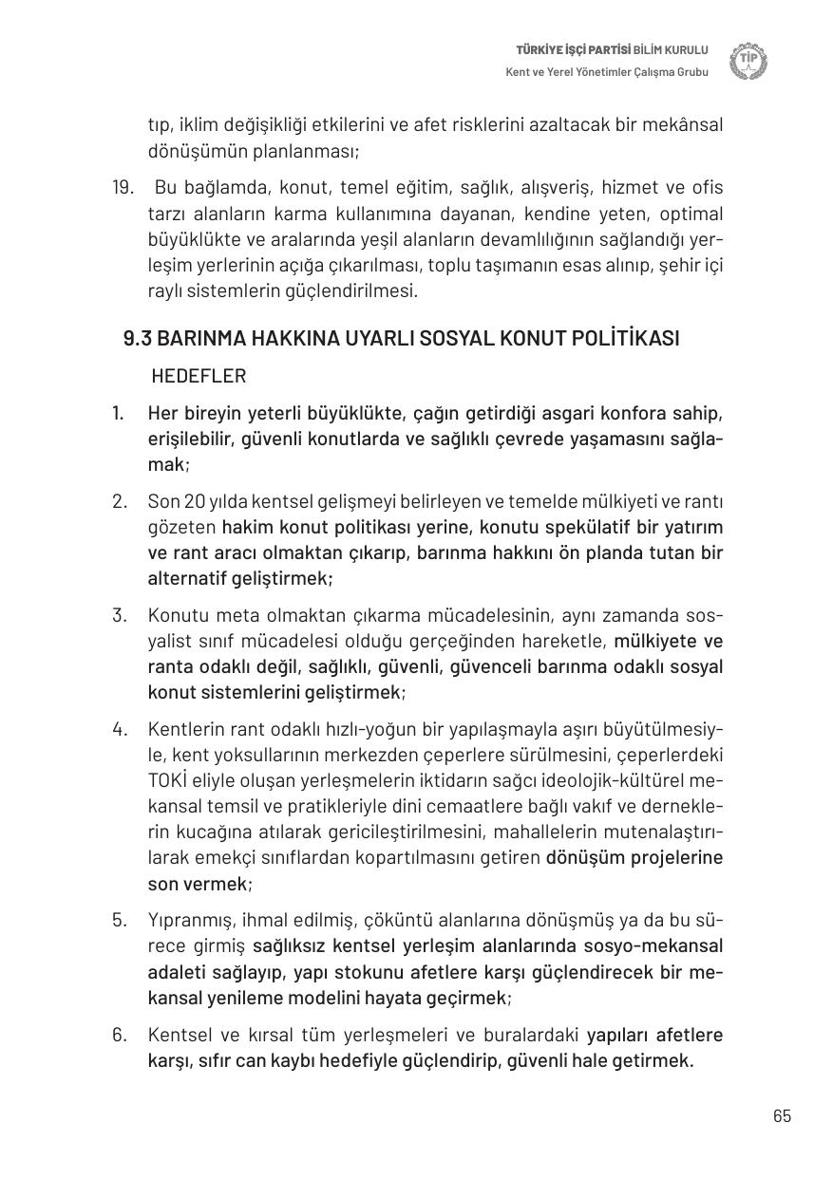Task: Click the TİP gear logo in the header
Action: [748, 62]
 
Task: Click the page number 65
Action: [782, 1116]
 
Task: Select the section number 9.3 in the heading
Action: [138, 339]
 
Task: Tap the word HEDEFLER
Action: [199, 376]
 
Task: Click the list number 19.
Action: [123, 188]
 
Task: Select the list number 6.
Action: [119, 1035]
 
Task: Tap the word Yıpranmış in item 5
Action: [186, 920]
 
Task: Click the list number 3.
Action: [119, 615]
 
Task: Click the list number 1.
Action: [118, 414]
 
